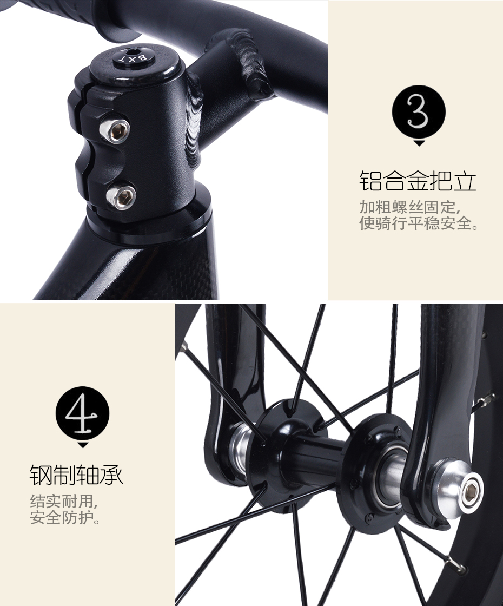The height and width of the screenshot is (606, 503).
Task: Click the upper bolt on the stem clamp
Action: coord(114,130)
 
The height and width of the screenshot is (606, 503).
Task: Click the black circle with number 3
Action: coord(419,112)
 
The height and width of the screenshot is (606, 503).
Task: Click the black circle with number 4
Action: coord(82,413)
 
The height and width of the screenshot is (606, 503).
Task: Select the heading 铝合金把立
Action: coord(418,181)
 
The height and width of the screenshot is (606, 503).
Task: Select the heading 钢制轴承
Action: coord(76,474)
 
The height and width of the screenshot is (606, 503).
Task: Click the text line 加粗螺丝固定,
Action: coord(410,207)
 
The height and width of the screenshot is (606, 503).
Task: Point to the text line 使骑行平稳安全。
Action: coord(419,223)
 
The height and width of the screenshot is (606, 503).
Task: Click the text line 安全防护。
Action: coord(65,517)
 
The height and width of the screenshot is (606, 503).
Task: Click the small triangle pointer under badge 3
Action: coord(419,143)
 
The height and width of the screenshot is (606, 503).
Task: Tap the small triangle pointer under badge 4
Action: coord(83,445)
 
